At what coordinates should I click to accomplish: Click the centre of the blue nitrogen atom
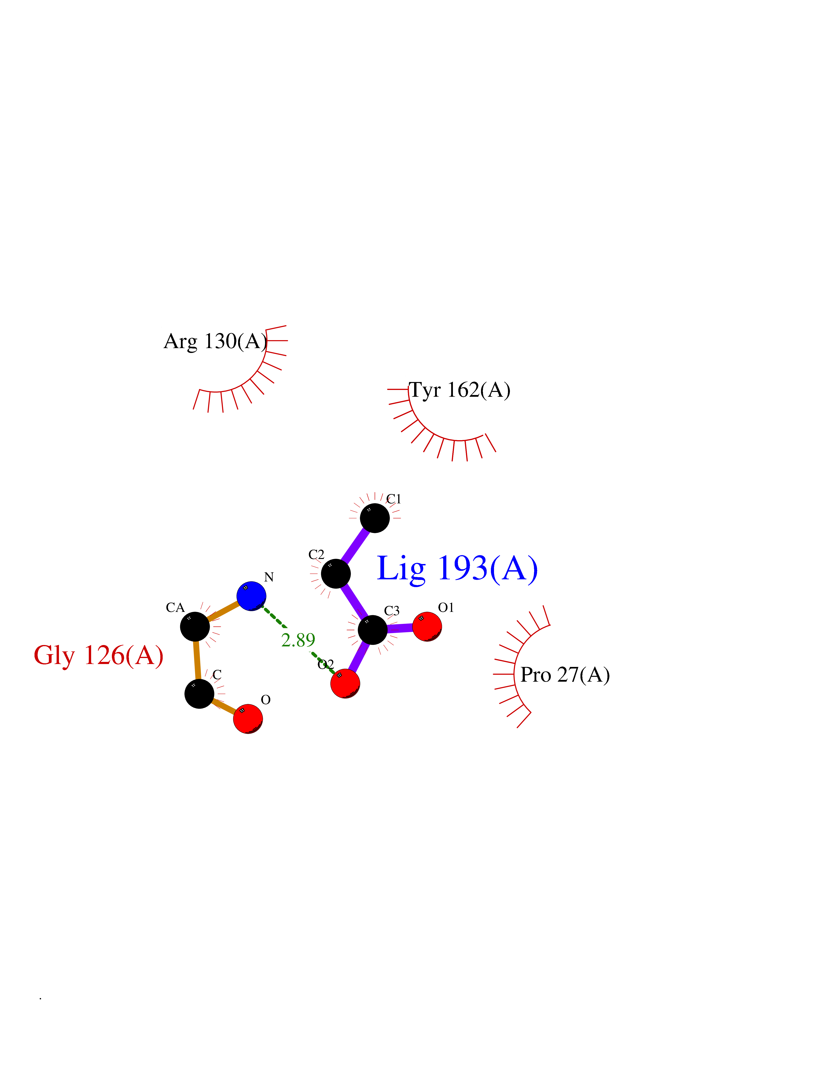pos(251,596)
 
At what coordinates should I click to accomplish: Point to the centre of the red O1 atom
pos(427,627)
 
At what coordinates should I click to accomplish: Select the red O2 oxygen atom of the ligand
pos(345,683)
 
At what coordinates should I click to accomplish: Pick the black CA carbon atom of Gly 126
pos(195,627)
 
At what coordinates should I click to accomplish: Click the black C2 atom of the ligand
pos(336,574)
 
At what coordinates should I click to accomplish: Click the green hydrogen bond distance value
pos(298,640)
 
